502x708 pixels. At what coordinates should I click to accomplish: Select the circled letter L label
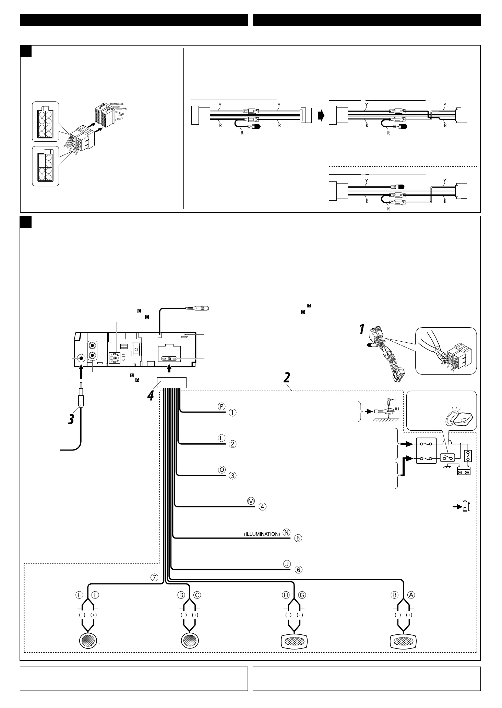pyautogui.click(x=222, y=438)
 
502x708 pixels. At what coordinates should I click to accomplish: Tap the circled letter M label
pyautogui.click(x=251, y=501)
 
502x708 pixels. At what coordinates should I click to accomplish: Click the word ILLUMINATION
pyautogui.click(x=262, y=534)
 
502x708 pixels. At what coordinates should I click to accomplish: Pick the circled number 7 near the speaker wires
pyautogui.click(x=155, y=578)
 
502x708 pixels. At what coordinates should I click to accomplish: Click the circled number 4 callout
pyautogui.click(x=262, y=506)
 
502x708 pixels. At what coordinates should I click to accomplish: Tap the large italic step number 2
pyautogui.click(x=286, y=378)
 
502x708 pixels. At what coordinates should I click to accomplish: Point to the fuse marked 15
pyautogui.click(x=169, y=358)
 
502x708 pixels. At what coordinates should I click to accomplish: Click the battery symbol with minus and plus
pyautogui.click(x=464, y=471)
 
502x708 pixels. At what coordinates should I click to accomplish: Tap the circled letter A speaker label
pyautogui.click(x=411, y=595)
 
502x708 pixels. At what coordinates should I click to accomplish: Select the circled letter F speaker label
pyautogui.click(x=80, y=595)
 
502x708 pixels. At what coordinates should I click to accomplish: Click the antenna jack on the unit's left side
pyautogui.click(x=81, y=358)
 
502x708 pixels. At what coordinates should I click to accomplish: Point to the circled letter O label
pyautogui.click(x=222, y=469)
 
